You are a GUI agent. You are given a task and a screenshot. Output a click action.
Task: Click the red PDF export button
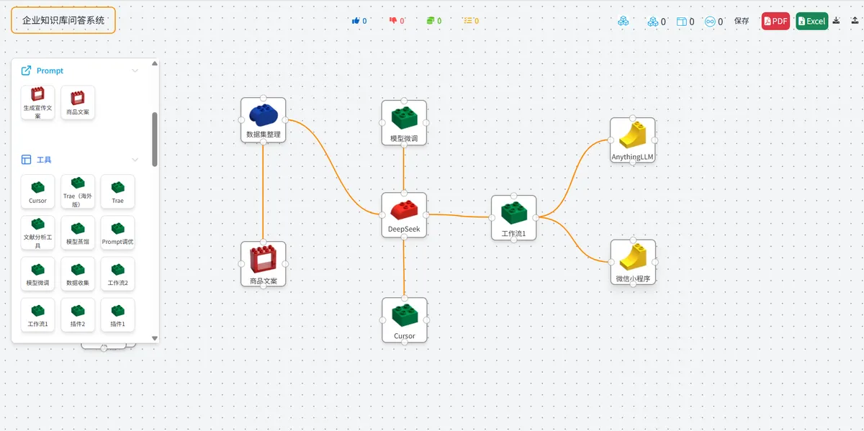775,21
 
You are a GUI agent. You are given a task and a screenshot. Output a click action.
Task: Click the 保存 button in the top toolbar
742,21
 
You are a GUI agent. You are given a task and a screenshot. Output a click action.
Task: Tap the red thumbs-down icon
393,21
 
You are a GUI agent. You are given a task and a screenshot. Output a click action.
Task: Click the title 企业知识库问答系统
63,20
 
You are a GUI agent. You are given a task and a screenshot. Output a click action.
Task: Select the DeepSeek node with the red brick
404,214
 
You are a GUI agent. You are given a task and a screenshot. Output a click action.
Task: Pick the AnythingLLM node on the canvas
632,140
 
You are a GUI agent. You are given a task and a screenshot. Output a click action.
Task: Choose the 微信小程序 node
633,263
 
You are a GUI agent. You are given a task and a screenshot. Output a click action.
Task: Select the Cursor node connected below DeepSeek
404,320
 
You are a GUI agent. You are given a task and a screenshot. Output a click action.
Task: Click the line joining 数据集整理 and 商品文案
263,191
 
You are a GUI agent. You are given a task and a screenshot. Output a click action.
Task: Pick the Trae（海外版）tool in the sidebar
78,191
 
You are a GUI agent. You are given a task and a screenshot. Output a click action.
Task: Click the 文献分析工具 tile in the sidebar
37,232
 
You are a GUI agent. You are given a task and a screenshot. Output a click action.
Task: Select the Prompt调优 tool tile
117,232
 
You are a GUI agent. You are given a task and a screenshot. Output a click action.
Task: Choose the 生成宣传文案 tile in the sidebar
37,102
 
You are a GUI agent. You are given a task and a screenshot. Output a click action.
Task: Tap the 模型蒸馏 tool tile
78,232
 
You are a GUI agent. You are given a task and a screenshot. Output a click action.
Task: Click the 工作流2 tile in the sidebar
117,273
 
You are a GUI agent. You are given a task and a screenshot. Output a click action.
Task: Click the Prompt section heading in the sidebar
50,71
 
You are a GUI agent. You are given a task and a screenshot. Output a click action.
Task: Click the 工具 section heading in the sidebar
44,160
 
